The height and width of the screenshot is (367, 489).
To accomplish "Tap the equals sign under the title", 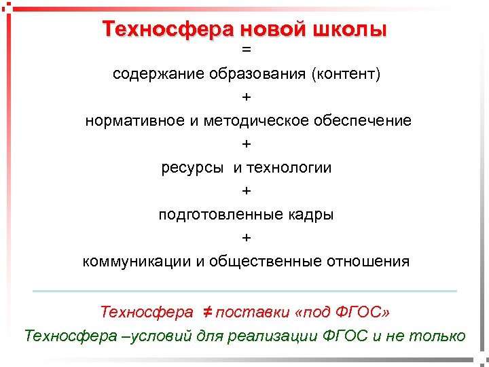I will pyautogui.click(x=246, y=50).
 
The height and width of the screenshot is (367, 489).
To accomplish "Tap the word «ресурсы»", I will pyautogui.click(x=192, y=168).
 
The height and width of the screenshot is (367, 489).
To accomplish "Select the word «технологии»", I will pyautogui.click(x=289, y=168).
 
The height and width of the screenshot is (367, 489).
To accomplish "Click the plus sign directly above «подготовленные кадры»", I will pyautogui.click(x=246, y=192).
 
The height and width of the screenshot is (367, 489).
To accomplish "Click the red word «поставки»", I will pyautogui.click(x=252, y=313).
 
